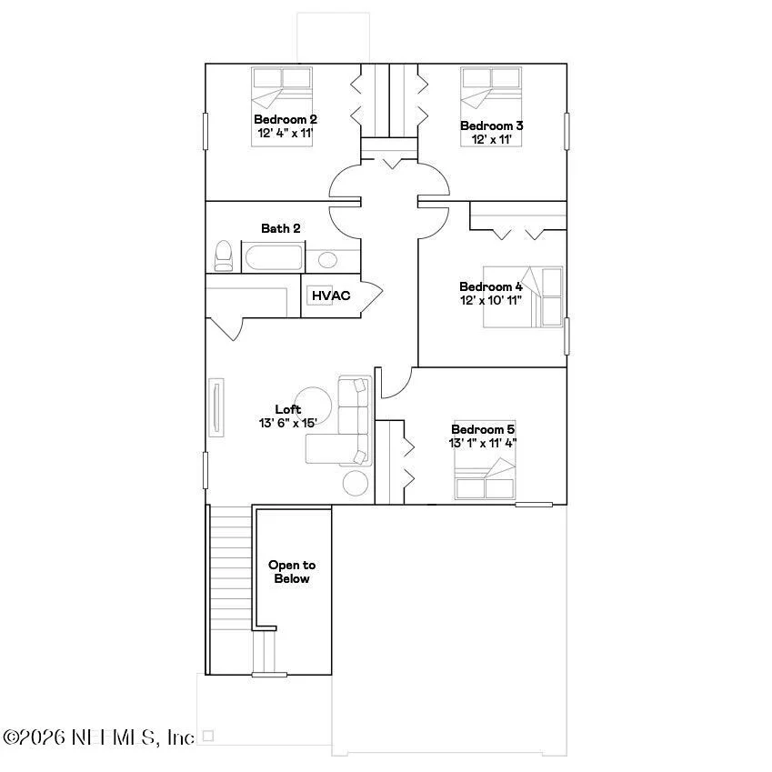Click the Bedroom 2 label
tap(286, 119)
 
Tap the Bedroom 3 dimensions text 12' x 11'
tap(491, 139)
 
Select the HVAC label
tap(331, 296)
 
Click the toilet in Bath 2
tap(224, 256)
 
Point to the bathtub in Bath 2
tap(274, 257)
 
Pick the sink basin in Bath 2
tap(327, 260)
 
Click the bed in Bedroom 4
tap(523, 296)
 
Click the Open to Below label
tap(292, 572)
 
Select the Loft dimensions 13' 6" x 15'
tap(288, 423)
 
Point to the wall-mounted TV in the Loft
tap(216, 407)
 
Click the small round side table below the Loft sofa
tap(356, 483)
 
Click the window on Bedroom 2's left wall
tap(206, 131)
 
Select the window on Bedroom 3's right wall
tap(566, 131)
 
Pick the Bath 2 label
tap(281, 228)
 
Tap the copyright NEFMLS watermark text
tap(98, 737)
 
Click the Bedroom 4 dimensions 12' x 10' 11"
tap(491, 300)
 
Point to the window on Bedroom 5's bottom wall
tap(534, 505)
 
